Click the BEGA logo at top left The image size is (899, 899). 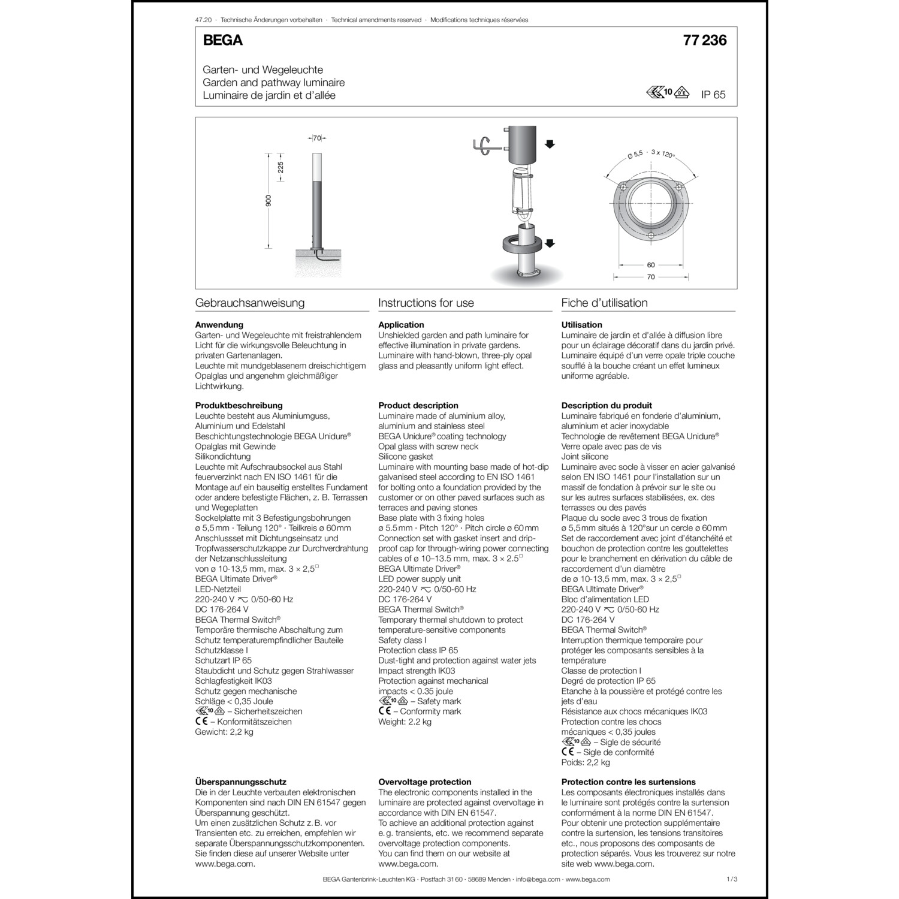(x=223, y=40)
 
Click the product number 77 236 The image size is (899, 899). (x=704, y=40)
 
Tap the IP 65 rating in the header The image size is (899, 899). (x=713, y=95)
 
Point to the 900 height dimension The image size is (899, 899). (x=269, y=201)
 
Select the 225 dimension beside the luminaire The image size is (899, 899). (x=280, y=167)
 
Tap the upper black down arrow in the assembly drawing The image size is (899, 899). (x=550, y=144)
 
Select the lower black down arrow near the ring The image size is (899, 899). (x=550, y=243)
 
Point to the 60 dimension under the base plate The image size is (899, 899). (x=651, y=264)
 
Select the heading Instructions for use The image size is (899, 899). (x=426, y=303)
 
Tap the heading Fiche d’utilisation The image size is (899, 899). (x=604, y=303)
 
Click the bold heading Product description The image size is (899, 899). (x=418, y=405)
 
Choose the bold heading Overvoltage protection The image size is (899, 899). (x=425, y=782)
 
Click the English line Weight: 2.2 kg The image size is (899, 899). (x=405, y=722)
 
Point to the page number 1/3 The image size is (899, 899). (x=731, y=879)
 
